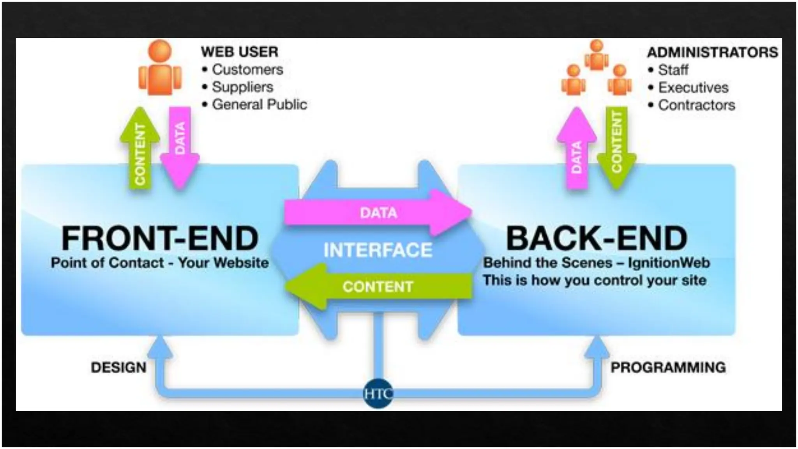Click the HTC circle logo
378,393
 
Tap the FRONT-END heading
160,239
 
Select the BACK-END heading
596,239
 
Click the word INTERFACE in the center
378,250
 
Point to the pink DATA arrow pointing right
378,212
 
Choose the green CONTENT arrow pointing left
378,287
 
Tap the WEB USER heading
239,52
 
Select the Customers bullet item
247,70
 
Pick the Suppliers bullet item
242,87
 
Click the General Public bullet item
260,105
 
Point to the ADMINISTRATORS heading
712,52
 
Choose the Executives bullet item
693,88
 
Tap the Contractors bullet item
697,105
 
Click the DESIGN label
118,368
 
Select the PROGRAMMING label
668,368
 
